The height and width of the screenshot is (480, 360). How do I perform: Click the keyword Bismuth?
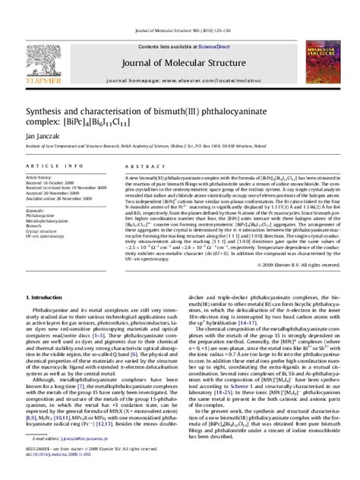pyautogui.click(x=36, y=226)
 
